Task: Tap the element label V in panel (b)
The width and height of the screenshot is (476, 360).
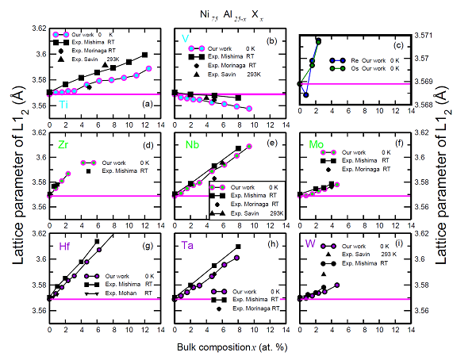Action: coord(185,38)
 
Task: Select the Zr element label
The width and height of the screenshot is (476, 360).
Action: coord(63,144)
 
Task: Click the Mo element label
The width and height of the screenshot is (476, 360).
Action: coord(313,144)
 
